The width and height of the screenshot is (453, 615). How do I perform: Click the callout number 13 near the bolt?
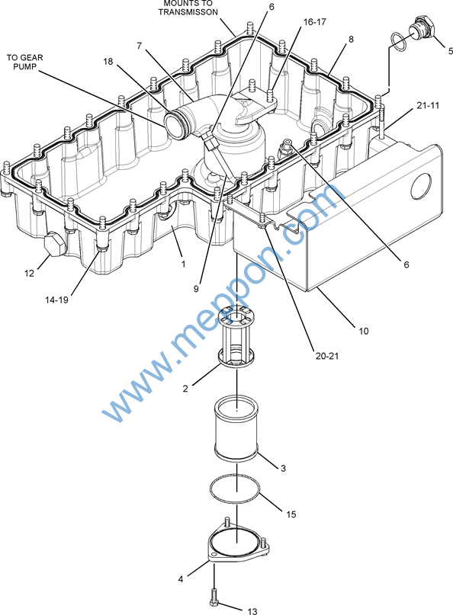pyautogui.click(x=252, y=610)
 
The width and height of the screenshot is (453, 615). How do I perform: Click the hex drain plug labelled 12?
pyautogui.click(x=53, y=244)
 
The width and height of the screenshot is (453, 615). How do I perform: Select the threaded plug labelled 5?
pyautogui.click(x=422, y=27)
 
